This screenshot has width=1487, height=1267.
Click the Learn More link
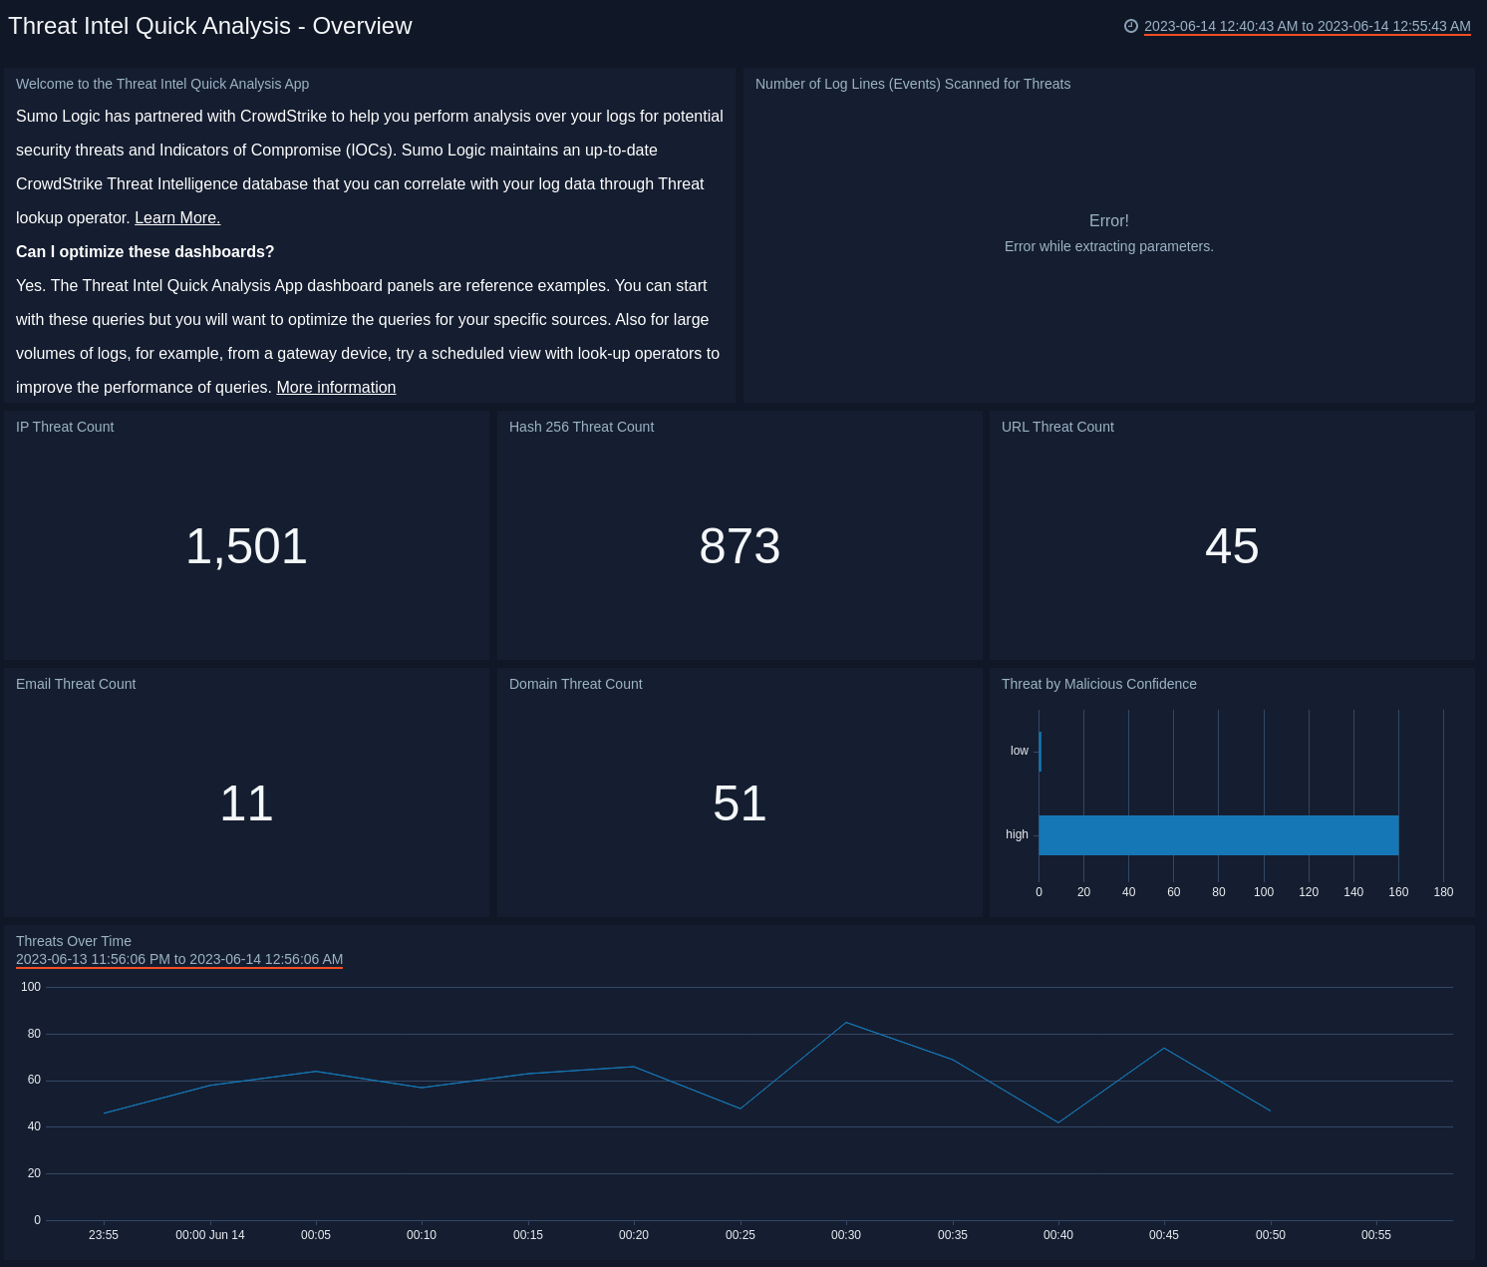point(177,218)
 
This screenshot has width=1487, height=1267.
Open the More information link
point(336,388)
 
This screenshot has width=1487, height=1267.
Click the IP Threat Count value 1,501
point(246,546)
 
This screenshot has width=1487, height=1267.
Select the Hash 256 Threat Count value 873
point(740,546)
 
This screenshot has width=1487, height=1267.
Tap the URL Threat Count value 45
point(1232,546)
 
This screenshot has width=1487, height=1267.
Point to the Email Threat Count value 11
point(246,803)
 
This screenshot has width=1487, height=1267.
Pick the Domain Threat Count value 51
point(740,803)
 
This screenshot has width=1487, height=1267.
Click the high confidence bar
point(1218,835)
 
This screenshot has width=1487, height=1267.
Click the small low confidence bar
point(1040,752)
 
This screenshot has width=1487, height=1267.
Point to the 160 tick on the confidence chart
point(1398,892)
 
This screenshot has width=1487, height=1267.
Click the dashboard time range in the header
point(1307,27)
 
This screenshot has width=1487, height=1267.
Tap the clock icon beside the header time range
point(1131,27)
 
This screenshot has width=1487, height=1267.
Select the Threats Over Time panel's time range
point(179,960)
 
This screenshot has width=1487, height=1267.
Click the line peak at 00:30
point(846,1023)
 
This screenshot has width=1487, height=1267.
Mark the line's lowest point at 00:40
point(1058,1122)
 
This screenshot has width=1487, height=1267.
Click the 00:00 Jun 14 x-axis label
point(210,1235)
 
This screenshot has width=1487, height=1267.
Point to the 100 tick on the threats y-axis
point(31,987)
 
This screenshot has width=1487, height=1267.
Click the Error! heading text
point(1108,221)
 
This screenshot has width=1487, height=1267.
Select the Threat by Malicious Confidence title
point(1098,684)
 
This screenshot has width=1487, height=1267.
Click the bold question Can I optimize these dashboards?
point(145,252)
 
